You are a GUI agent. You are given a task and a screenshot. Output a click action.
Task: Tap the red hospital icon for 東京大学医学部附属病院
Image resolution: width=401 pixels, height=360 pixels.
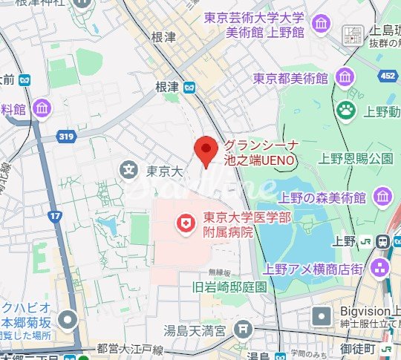point(186,221)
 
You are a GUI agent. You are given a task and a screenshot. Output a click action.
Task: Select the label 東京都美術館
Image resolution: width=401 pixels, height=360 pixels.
point(290,77)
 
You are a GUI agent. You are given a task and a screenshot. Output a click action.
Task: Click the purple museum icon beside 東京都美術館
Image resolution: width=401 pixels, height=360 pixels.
point(345,76)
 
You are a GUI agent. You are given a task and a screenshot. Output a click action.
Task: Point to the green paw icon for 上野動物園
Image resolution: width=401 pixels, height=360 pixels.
point(346,111)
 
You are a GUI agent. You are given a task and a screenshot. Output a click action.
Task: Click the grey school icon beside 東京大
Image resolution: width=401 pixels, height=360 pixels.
point(129,171)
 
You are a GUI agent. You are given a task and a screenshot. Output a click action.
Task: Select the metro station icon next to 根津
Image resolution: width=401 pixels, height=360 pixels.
point(191,87)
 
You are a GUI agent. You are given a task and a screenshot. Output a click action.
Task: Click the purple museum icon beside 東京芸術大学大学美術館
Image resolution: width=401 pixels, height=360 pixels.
point(322,24)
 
